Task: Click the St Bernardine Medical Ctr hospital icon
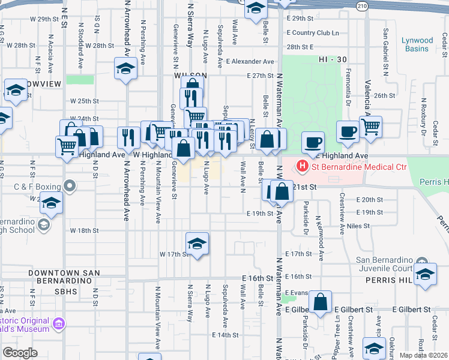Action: tap(303, 166)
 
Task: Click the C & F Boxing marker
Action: tap(71, 186)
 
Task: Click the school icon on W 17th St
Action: tap(196, 244)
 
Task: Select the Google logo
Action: tap(20, 352)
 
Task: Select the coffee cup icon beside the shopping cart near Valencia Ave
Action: tap(348, 131)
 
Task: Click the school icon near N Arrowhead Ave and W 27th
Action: tap(126, 69)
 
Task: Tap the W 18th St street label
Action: tap(84, 230)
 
